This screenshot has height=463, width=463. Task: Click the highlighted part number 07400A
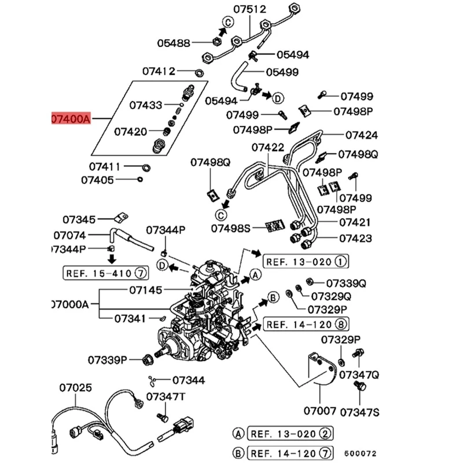[x=71, y=119]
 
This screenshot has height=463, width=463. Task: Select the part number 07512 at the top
[x=249, y=9]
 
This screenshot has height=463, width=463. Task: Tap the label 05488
[x=173, y=42]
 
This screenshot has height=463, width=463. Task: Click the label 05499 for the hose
[x=282, y=72]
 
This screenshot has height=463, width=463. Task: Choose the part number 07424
[x=362, y=135]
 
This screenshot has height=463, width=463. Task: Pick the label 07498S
[x=231, y=228]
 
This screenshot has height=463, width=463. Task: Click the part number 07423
[x=355, y=238]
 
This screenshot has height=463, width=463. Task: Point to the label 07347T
[x=166, y=396]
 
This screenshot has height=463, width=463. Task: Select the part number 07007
[x=319, y=411]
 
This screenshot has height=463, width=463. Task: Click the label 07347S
[x=359, y=412]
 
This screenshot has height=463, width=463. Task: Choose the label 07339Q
[x=346, y=283]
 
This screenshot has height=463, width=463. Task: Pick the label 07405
[x=97, y=180]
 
